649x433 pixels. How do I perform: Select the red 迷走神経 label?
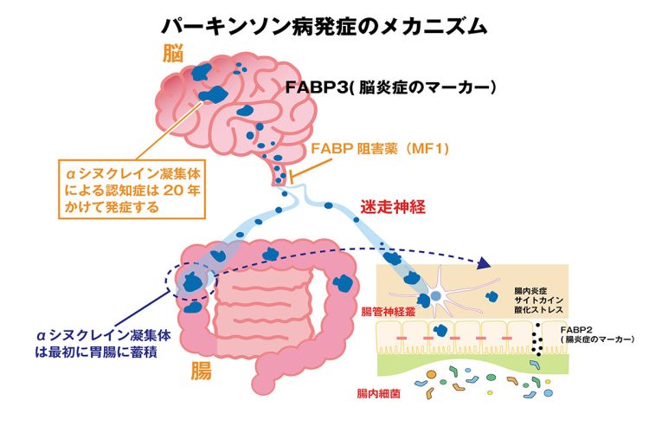[x=394, y=208]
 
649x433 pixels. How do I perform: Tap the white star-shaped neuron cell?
[x=436, y=294]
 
